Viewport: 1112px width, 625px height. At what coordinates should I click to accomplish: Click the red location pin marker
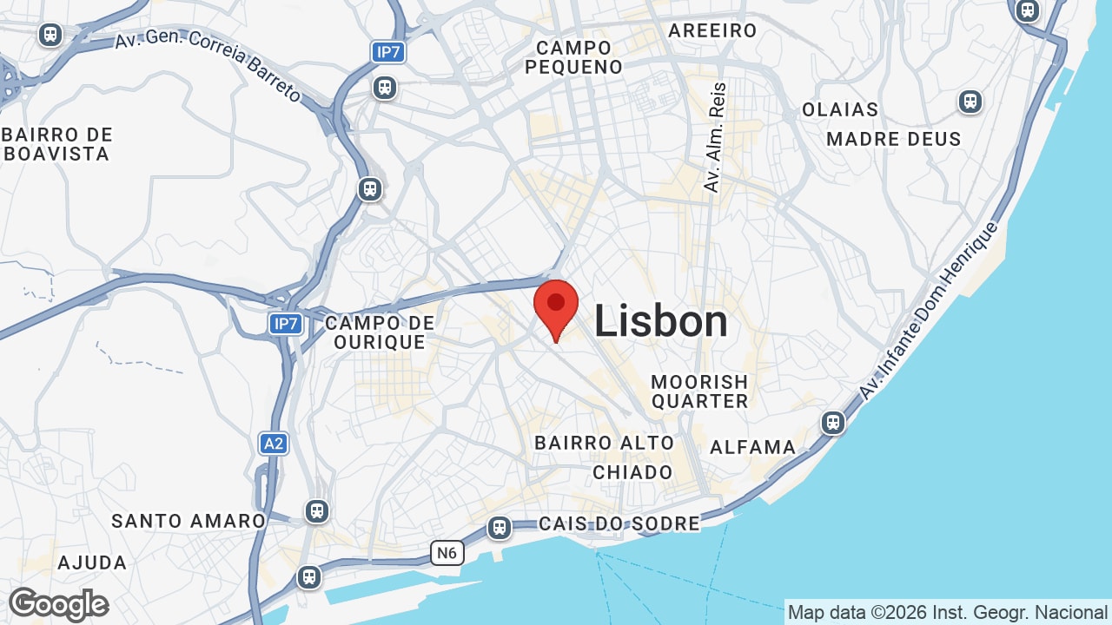tap(556, 306)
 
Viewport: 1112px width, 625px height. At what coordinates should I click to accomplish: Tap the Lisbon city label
tap(660, 322)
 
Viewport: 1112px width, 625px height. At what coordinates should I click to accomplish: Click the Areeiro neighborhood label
tap(712, 31)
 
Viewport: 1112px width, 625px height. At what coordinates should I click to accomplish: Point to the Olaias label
tap(840, 110)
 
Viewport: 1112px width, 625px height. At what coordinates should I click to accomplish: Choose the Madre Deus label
tap(894, 139)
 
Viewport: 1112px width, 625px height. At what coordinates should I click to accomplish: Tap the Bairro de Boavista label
tap(58, 145)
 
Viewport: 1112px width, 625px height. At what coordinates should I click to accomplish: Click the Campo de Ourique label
tap(380, 332)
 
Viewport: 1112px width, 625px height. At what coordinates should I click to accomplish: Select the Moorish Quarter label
tap(699, 391)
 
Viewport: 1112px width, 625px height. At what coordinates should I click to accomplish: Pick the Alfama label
tap(752, 447)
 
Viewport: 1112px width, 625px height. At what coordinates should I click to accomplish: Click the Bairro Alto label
tap(604, 443)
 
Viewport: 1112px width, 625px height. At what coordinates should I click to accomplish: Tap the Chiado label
tap(632, 472)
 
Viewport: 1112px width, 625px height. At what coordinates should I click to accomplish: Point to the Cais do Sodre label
tap(619, 523)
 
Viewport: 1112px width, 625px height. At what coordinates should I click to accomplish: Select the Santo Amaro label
tap(189, 521)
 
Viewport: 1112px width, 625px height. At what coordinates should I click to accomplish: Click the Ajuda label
tap(92, 562)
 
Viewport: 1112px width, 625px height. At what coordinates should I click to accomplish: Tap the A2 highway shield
tap(274, 444)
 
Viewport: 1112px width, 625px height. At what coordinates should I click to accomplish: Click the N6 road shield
tap(447, 553)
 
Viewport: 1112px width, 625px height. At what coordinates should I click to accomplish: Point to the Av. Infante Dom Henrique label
tap(930, 311)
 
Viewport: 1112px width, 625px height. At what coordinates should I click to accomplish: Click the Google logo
tap(58, 604)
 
